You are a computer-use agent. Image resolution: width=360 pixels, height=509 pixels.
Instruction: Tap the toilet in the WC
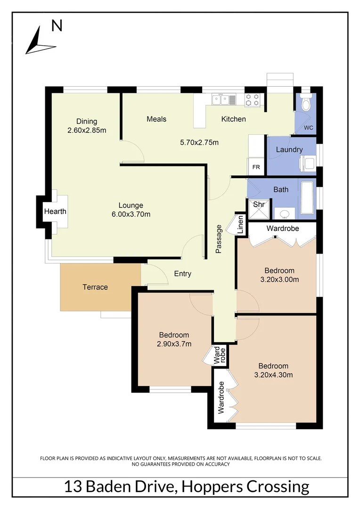[x=306, y=104]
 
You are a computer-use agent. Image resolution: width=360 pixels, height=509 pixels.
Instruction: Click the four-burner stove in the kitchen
[x=252, y=99]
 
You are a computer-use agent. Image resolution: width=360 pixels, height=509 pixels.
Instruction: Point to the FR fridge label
[x=256, y=167]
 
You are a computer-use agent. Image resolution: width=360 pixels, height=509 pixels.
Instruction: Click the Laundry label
[x=289, y=149]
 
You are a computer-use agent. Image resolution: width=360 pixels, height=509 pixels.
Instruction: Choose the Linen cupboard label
[x=240, y=225]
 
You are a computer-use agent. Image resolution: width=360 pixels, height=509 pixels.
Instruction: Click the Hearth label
[x=55, y=212]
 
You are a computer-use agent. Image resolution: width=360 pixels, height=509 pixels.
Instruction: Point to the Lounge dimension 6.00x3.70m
[x=131, y=214]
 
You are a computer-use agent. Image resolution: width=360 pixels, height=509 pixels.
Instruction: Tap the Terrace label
[x=95, y=287]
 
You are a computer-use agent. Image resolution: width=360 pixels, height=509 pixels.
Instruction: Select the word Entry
[x=183, y=274]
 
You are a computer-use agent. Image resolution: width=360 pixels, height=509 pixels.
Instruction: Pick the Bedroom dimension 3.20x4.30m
[x=273, y=375]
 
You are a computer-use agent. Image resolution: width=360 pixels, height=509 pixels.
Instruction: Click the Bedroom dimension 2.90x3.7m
[x=174, y=344]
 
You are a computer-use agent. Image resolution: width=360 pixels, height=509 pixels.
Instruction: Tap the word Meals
[x=156, y=119]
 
